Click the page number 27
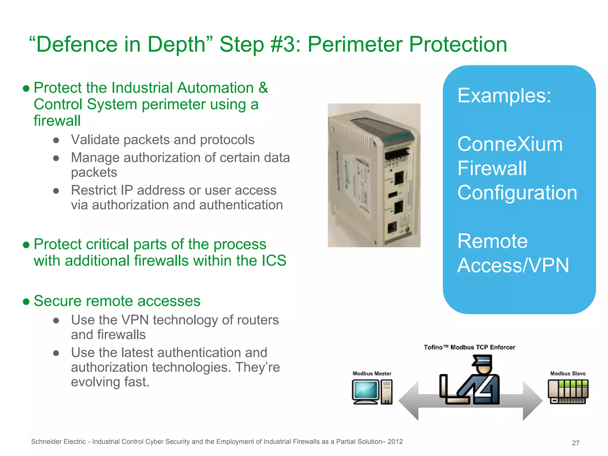click(x=575, y=443)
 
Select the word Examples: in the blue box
click(x=504, y=96)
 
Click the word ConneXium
click(x=510, y=144)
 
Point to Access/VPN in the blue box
click(x=513, y=265)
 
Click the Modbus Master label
click(x=372, y=373)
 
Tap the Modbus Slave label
click(x=568, y=373)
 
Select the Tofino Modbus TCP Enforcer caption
click(x=469, y=347)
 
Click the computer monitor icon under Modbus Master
click(x=366, y=391)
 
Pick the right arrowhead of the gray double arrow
click(x=533, y=401)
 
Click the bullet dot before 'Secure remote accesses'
click(x=26, y=302)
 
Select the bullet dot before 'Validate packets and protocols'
click(x=56, y=140)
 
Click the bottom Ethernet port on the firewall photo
click(x=392, y=228)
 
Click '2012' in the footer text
click(x=395, y=442)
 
